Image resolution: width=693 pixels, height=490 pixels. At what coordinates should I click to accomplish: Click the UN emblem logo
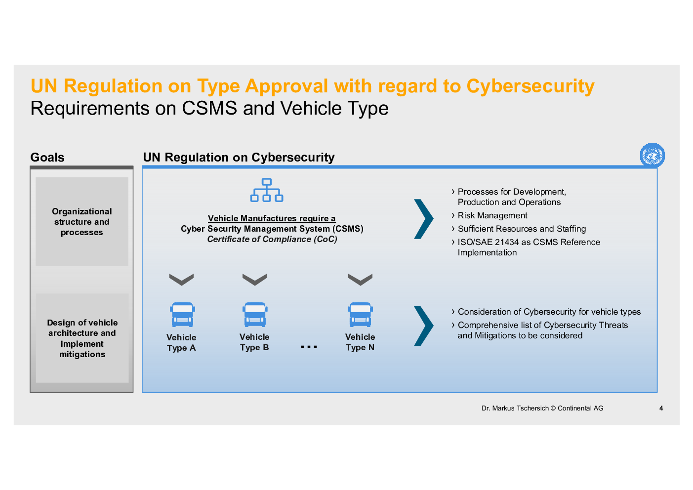pyautogui.click(x=652, y=155)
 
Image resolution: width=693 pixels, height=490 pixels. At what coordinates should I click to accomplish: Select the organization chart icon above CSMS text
pyautogui.click(x=267, y=190)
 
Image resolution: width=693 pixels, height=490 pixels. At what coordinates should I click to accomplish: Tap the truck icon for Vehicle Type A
pyautogui.click(x=182, y=315)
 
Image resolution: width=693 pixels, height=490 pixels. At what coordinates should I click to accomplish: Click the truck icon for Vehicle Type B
pyautogui.click(x=255, y=315)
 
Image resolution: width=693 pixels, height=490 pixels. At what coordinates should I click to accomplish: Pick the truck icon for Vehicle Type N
pyautogui.click(x=360, y=315)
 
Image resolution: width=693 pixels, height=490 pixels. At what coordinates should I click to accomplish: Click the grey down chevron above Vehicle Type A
pyautogui.click(x=181, y=280)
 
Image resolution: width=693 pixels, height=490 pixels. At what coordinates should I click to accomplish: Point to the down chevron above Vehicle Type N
pyautogui.click(x=360, y=280)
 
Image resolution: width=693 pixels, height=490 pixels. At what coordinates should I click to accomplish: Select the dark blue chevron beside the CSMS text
pyautogui.click(x=423, y=219)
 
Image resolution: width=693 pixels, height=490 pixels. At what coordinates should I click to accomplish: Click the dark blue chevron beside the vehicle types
pyautogui.click(x=423, y=326)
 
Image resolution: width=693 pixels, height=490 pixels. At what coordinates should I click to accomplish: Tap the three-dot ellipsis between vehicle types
pyautogui.click(x=309, y=347)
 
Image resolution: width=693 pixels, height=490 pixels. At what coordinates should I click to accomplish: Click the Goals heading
pyautogui.click(x=47, y=158)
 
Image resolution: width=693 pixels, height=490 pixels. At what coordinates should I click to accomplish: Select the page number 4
pyautogui.click(x=661, y=408)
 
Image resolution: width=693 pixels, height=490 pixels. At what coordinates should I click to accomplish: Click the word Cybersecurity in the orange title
pyautogui.click(x=530, y=86)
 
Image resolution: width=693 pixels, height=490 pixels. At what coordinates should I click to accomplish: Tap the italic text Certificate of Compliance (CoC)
pyautogui.click(x=272, y=239)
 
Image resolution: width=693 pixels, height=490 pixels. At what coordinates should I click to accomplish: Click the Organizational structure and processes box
pyautogui.click(x=82, y=221)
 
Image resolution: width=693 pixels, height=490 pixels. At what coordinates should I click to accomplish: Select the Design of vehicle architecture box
pyautogui.click(x=82, y=338)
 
